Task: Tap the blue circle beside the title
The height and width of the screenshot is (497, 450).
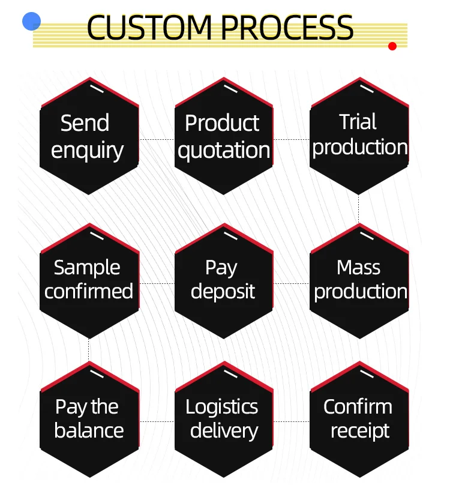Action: click(31, 22)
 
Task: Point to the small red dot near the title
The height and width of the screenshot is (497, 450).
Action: click(392, 46)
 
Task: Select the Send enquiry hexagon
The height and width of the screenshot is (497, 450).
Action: click(89, 137)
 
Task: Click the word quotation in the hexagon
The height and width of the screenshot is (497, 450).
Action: click(224, 150)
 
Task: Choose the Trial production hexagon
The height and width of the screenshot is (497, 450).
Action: click(359, 136)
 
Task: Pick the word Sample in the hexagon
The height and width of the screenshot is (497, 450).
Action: click(87, 268)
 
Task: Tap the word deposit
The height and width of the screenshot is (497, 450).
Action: click(223, 292)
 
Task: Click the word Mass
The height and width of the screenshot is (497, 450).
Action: click(359, 268)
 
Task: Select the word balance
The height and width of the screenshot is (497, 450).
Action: click(89, 431)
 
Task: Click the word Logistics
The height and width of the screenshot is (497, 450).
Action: click(222, 407)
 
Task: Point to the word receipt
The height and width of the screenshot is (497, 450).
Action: click(360, 431)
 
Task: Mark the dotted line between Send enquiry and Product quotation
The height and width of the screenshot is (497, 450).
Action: click(157, 139)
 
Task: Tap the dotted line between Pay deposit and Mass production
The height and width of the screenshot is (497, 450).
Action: click(292, 283)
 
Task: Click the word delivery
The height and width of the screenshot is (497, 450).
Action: click(224, 431)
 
